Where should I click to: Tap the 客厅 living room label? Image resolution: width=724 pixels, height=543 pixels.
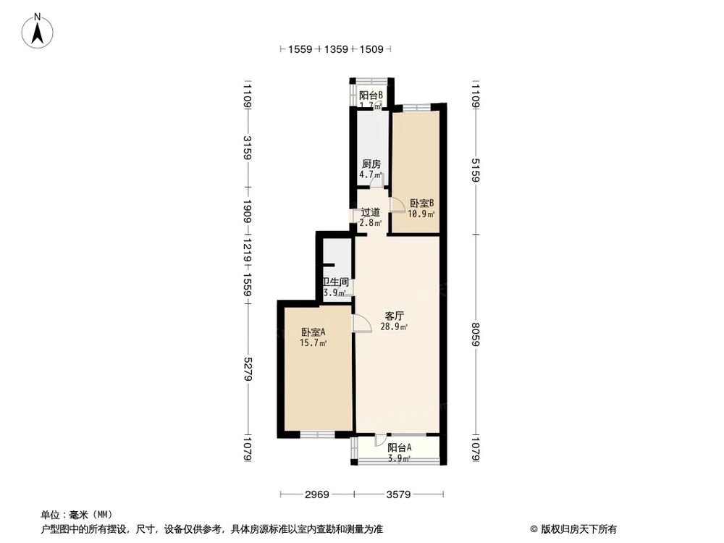coord(394,316)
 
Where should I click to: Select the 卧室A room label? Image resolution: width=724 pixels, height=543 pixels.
coord(313,332)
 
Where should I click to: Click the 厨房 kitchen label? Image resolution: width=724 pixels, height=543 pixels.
coord(371,164)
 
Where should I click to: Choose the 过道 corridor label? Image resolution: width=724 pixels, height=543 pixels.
coord(371,213)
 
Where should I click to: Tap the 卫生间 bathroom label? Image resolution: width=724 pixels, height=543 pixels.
coord(335,282)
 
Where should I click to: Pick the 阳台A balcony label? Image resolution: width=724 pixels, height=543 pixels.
coord(399,447)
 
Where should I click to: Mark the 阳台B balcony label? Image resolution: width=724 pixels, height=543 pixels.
coord(371,95)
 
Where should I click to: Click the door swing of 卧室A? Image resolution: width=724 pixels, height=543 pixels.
coord(360,324)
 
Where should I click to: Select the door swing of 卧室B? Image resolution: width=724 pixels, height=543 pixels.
coord(397,205)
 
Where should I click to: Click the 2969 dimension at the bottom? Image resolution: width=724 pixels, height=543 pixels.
coord(316,495)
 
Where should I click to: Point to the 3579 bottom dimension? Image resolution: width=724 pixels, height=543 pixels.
coord(398,495)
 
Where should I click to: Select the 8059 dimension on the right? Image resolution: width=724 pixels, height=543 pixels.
coord(476,334)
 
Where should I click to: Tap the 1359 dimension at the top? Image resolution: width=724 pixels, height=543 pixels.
coord(336,49)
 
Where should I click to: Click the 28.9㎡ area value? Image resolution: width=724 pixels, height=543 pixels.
coord(394,327)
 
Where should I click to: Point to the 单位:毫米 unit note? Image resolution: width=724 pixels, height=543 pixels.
coord(68,515)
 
